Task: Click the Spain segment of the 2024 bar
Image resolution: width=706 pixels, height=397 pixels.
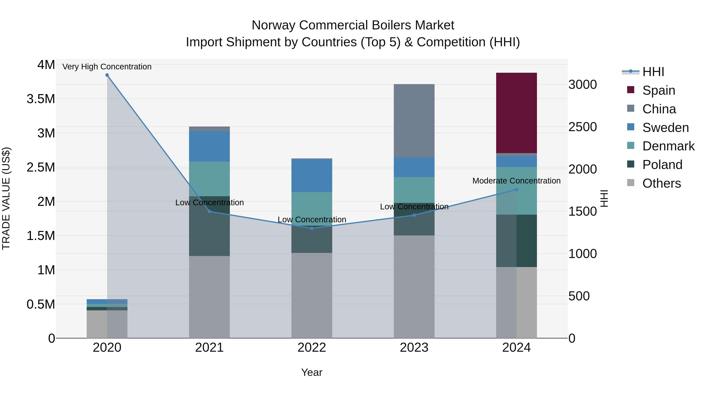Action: click(516, 113)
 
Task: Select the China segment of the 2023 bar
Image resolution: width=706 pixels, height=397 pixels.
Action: click(414, 121)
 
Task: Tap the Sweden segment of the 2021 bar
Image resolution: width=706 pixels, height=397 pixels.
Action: click(209, 146)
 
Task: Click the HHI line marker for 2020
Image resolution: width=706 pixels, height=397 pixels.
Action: click(107, 75)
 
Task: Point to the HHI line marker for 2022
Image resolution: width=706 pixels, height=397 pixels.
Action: click(312, 228)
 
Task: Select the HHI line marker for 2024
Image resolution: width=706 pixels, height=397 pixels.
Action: click(516, 189)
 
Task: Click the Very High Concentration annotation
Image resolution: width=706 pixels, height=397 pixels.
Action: click(107, 67)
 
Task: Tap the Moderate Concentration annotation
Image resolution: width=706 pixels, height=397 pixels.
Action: click(516, 181)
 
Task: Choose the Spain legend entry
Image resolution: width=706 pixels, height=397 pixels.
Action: click(658, 90)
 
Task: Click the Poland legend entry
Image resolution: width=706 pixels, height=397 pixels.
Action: click(662, 165)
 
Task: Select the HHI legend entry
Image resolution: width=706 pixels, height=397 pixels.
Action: click(653, 72)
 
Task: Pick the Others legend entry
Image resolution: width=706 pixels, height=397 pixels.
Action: click(661, 183)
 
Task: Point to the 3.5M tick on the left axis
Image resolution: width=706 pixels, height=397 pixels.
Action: click(41, 99)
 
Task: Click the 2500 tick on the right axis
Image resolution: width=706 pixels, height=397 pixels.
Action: click(582, 127)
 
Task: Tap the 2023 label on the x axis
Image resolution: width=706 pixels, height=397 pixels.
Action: click(414, 348)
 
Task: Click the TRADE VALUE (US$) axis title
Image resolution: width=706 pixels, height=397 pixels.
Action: click(6, 198)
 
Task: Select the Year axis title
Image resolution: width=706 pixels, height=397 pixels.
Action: click(312, 372)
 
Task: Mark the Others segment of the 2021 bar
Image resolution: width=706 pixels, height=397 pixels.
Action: click(209, 297)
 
